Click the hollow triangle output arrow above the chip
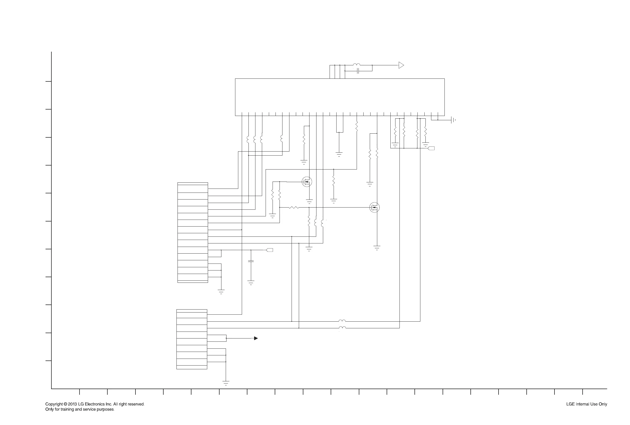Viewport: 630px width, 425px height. click(x=401, y=65)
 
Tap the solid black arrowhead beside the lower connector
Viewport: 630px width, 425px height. click(x=255, y=338)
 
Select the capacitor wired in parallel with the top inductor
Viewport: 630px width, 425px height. click(x=358, y=71)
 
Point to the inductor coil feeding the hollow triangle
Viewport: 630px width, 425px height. click(x=356, y=65)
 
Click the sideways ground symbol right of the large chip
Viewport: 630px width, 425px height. click(x=453, y=120)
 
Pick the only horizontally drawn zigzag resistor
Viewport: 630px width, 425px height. click(x=294, y=208)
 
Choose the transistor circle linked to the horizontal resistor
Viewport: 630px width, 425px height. click(x=375, y=208)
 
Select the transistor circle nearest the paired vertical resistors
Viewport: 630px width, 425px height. click(x=307, y=182)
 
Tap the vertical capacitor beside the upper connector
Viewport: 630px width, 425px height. click(x=251, y=261)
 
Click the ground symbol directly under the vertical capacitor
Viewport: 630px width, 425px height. click(x=251, y=283)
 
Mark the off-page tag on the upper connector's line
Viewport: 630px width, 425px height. click(x=270, y=250)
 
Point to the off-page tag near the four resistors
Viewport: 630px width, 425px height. click(x=431, y=148)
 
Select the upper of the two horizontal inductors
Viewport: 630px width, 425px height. click(x=342, y=321)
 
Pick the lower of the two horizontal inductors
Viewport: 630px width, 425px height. click(x=342, y=328)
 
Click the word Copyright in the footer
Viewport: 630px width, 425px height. click(x=54, y=404)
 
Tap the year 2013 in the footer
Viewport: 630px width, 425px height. click(x=72, y=404)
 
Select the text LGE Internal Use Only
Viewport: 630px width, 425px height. click(x=586, y=404)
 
